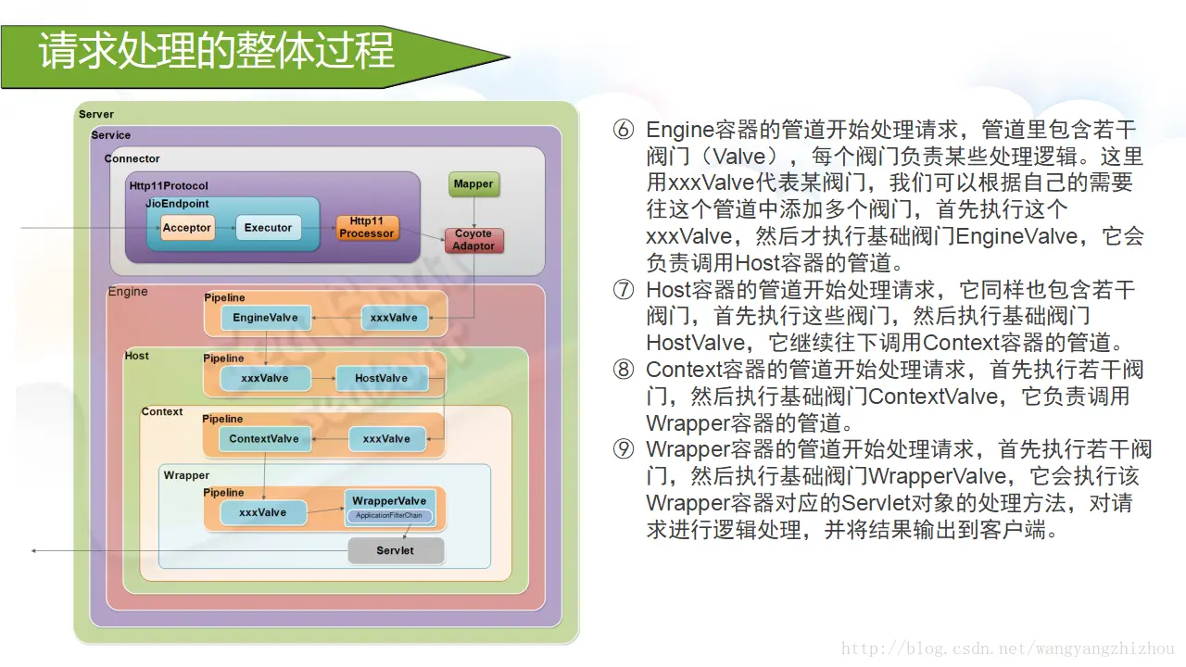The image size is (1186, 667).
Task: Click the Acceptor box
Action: tap(187, 228)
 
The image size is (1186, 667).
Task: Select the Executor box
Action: tap(268, 228)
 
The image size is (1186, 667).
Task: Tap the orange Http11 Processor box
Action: tap(367, 228)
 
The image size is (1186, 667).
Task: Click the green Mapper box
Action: tap(473, 184)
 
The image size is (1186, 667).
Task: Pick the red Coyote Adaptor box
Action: tap(473, 240)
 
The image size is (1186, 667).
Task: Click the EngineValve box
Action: tap(265, 318)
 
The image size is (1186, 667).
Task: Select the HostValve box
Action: tap(381, 378)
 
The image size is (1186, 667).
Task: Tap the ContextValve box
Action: tap(264, 439)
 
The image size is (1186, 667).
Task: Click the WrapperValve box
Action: tap(389, 501)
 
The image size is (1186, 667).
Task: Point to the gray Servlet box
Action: tap(396, 550)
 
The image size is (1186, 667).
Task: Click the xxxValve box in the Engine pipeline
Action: tap(394, 318)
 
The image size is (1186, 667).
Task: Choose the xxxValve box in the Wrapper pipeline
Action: tap(263, 512)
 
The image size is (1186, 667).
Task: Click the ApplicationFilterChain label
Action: tap(389, 516)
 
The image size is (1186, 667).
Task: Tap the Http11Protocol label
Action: tap(169, 186)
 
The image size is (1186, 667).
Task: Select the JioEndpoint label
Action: tap(177, 203)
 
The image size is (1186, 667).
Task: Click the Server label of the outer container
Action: tap(96, 114)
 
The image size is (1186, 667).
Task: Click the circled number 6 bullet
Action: tap(624, 130)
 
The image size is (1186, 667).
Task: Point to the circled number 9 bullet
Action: tap(624, 450)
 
